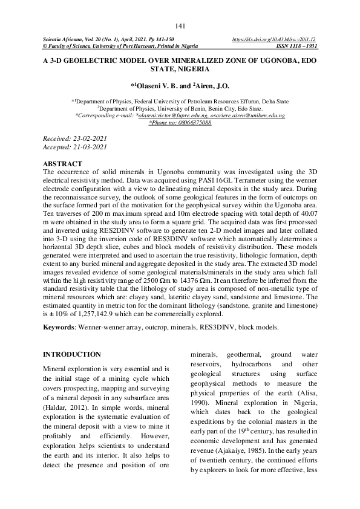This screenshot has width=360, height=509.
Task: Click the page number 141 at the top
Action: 180,26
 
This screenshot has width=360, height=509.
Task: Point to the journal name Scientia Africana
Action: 63,39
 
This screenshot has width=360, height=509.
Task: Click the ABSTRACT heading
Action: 62,164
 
